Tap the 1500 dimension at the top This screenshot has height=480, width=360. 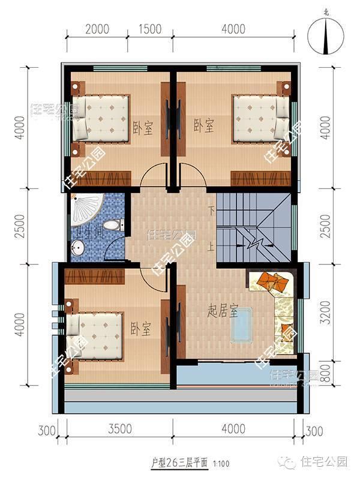pyautogui.click(x=151, y=29)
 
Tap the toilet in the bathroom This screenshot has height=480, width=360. pyautogui.click(x=112, y=225)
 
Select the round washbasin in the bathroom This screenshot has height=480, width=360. pyautogui.click(x=79, y=247)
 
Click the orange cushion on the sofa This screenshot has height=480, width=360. pyautogui.click(x=271, y=281)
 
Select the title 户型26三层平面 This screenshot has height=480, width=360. pyautogui.click(x=179, y=462)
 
